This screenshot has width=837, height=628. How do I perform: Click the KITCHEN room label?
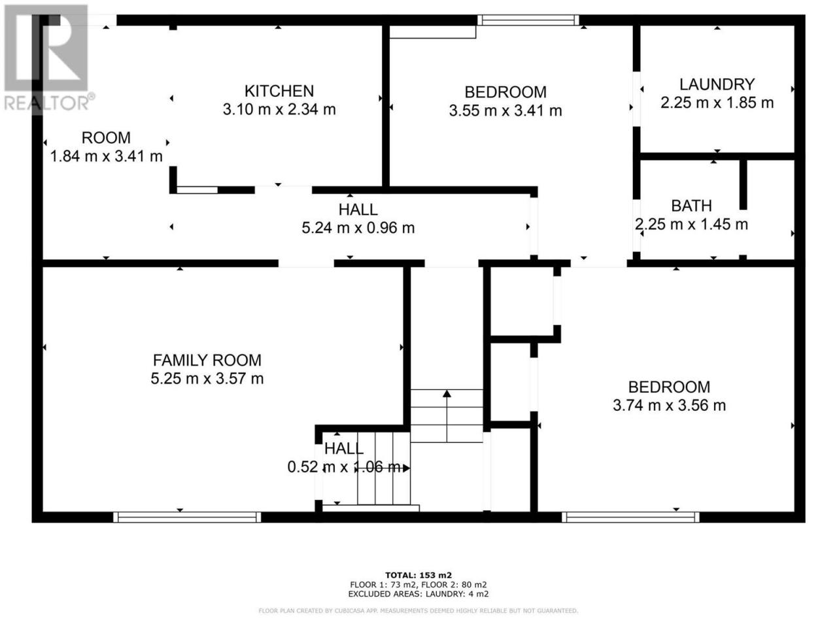(x=279, y=91)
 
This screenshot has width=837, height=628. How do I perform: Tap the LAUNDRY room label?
(x=717, y=84)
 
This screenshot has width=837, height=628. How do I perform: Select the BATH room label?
(x=691, y=206)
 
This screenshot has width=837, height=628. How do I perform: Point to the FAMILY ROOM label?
(x=207, y=360)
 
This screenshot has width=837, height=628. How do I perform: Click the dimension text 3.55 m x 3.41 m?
(x=505, y=111)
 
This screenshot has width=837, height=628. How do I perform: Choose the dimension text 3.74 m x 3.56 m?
(x=669, y=406)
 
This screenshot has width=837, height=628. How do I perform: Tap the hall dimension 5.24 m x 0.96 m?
(x=358, y=228)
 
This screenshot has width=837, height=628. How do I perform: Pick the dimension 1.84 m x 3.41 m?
(x=107, y=156)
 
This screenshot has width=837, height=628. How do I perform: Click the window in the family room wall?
(x=187, y=517)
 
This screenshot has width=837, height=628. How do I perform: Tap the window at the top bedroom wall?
(x=528, y=20)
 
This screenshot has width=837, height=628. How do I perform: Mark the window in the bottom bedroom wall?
(x=630, y=517)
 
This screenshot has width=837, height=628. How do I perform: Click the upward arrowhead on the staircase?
(x=447, y=394)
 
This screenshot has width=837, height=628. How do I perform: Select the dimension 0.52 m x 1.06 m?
(x=344, y=467)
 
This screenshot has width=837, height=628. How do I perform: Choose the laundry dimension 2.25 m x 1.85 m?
(x=717, y=103)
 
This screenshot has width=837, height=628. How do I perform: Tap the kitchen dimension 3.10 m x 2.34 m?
(x=279, y=109)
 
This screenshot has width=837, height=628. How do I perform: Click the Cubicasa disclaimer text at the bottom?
(x=418, y=611)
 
